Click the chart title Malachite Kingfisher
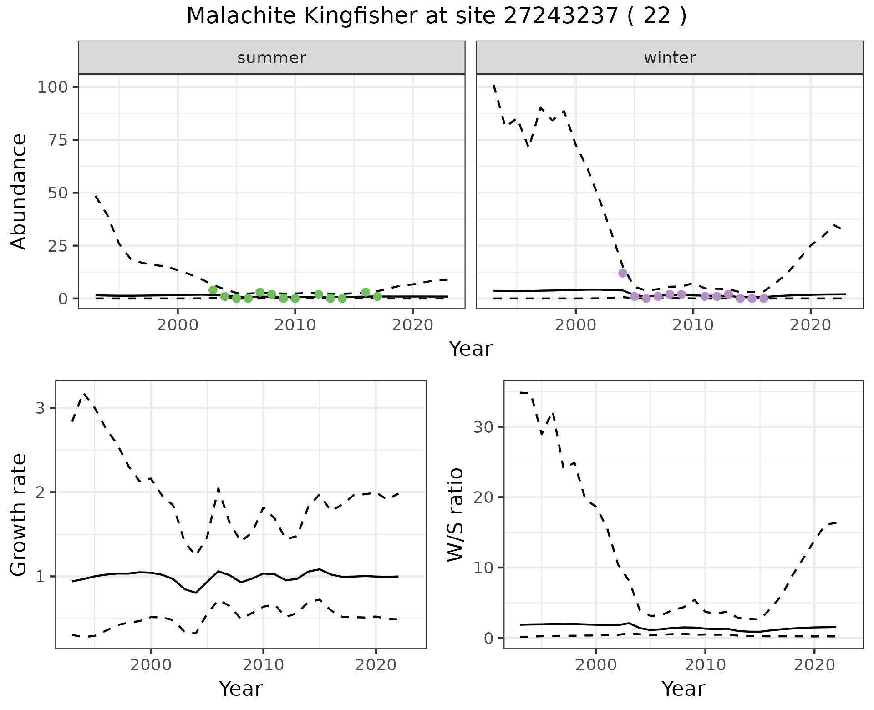coord(436,16)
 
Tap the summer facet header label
coord(272,58)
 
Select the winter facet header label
coord(670,58)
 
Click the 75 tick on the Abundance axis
coord(56,140)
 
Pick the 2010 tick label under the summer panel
coord(295,325)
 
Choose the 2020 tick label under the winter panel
coord(810,325)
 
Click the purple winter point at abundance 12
coord(623,273)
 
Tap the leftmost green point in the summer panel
coord(213,290)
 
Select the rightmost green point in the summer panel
coord(377,296)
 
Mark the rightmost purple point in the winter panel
coord(764,299)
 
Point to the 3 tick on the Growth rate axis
coord(41,408)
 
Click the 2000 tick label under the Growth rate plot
coord(151,665)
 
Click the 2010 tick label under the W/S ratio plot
coord(705,665)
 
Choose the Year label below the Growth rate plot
coord(241,689)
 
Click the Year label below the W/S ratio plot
coord(683,689)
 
